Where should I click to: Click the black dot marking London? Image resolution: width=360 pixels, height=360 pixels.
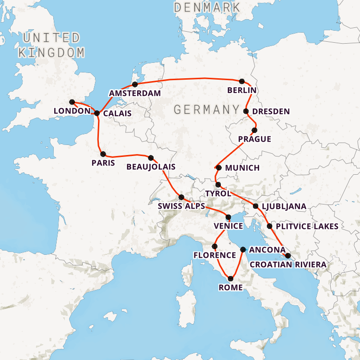(72, 102)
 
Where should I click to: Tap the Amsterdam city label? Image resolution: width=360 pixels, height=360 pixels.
(134, 93)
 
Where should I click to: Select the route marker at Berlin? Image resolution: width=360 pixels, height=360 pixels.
(242, 81)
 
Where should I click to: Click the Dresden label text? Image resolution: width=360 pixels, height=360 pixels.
(271, 111)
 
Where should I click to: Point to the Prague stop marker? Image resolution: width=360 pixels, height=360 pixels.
(254, 130)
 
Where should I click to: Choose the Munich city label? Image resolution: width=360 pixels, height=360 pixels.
(242, 168)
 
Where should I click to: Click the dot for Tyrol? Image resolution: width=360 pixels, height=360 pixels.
(218, 185)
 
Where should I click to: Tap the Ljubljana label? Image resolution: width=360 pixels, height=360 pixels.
(284, 206)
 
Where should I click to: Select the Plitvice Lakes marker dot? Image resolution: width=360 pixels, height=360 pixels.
(269, 226)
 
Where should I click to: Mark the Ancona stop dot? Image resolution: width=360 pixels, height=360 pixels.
(243, 250)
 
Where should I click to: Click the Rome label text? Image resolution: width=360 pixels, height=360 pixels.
(231, 288)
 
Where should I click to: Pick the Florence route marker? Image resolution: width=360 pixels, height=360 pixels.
(215, 246)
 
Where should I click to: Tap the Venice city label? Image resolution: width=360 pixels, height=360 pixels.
(228, 226)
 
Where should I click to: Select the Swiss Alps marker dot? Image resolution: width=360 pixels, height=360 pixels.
(181, 197)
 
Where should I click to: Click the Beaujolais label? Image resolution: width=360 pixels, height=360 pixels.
(151, 167)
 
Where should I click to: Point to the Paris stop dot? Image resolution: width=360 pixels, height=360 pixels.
(103, 154)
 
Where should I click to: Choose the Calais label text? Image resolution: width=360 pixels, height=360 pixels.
(117, 114)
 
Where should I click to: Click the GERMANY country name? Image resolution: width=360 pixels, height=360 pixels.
(206, 109)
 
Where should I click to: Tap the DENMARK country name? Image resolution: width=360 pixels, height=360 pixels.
(207, 7)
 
